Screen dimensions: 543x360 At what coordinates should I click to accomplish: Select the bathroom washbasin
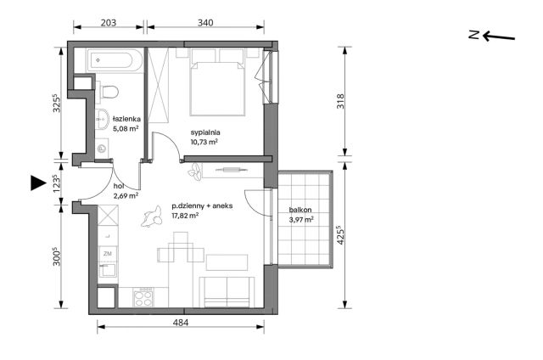[x=102, y=119]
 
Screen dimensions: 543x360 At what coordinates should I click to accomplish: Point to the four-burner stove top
[x=143, y=298]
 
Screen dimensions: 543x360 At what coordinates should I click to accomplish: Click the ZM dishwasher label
[x=108, y=254]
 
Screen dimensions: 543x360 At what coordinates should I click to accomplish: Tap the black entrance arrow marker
[x=38, y=183]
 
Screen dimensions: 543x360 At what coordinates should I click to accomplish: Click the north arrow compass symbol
[x=492, y=36]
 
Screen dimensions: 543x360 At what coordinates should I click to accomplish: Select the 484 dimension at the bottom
[x=181, y=323]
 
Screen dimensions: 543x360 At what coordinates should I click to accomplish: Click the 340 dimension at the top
[x=205, y=23]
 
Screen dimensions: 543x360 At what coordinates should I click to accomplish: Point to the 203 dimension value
[x=108, y=23]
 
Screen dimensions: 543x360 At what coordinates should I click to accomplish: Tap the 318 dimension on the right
[x=341, y=101]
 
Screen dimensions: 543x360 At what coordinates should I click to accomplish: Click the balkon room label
[x=300, y=210]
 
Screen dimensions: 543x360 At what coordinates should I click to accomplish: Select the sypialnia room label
[x=205, y=132]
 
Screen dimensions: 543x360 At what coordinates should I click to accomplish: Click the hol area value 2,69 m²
[x=126, y=196]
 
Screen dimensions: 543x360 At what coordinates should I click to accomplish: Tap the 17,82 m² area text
[x=185, y=216]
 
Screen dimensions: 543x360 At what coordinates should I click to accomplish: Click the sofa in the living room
[x=227, y=292]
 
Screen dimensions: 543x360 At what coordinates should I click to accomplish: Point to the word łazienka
[x=126, y=119]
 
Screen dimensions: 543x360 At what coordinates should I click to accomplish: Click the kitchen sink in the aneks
[x=108, y=270]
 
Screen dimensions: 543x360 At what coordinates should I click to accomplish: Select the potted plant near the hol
[x=194, y=172]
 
